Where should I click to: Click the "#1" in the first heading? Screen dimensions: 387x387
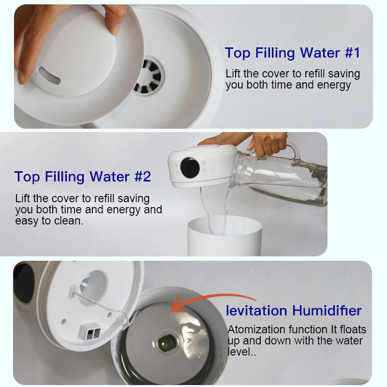coord(352,53)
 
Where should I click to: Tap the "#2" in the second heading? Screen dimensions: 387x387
coord(143,177)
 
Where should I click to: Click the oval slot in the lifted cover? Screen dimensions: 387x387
coord(49,75)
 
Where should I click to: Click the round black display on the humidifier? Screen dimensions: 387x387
coord(190,167)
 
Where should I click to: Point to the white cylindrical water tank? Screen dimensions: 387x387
coord(224,235)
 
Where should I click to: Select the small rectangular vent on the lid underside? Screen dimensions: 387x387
coord(89,331)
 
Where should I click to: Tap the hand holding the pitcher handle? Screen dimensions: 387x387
coord(268,144)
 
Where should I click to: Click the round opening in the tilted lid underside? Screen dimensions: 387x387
coord(93,287)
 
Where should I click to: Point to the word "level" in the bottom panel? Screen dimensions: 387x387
coord(238,352)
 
